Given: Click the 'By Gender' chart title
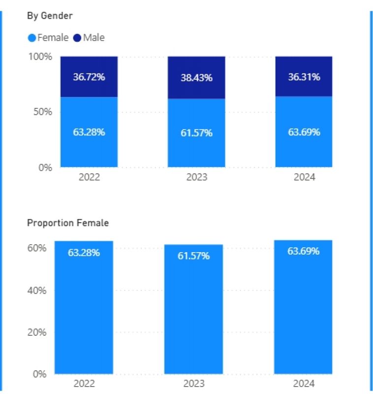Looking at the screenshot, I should (x=50, y=16).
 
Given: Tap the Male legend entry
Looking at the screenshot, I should (x=89, y=37).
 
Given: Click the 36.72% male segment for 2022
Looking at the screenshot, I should (x=89, y=77).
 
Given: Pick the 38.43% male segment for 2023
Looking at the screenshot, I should (x=196, y=78).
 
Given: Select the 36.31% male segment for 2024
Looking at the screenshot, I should (x=304, y=76).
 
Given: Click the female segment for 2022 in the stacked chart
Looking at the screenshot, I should (x=89, y=132).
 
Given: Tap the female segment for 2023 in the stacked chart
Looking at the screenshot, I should (x=196, y=133).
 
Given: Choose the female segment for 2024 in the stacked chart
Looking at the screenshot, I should (x=304, y=132).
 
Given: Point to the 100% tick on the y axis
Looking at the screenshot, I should (x=39, y=57).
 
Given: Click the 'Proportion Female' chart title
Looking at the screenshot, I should (x=68, y=223).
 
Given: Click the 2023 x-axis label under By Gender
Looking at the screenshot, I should (x=196, y=177).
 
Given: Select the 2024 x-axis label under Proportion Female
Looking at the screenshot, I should (x=303, y=384).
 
